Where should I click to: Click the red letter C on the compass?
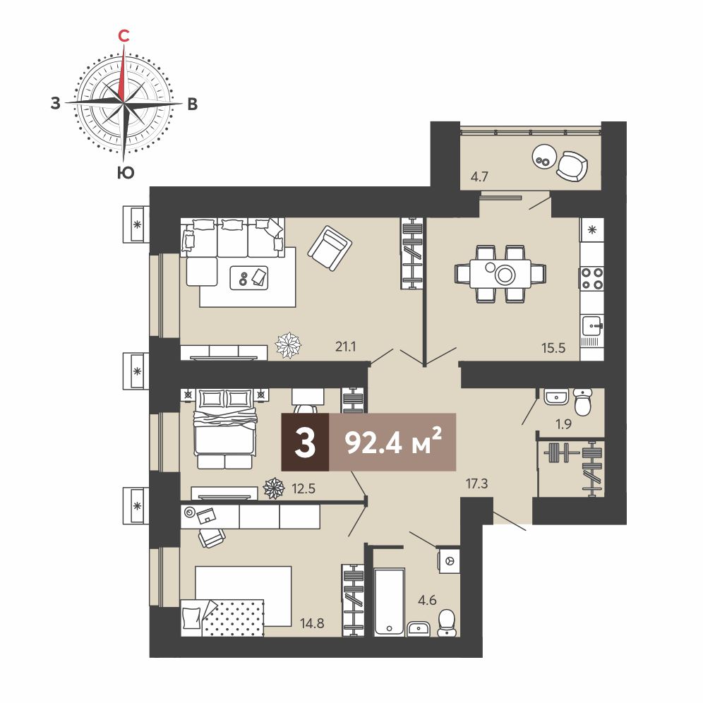coord(124,35)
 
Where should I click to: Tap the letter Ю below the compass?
coord(126,173)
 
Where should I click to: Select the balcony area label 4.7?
coord(479,176)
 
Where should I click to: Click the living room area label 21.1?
coord(346,347)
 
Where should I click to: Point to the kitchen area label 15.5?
coord(553,347)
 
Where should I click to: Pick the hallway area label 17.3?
coord(476,483)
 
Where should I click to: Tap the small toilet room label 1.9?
coord(563,423)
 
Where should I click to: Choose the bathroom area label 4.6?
coord(427,600)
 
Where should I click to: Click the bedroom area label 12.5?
coord(304,488)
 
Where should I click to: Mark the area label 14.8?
coord(312,623)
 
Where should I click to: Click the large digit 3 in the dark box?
coord(306,442)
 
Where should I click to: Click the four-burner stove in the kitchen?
coord(592,278)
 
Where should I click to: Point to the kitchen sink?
coord(592,325)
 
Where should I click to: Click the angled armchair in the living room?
coord(330,248)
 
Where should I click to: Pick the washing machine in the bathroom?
coord(450,560)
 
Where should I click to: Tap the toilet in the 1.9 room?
coord(583,402)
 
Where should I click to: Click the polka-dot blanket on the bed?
coord(232,618)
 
